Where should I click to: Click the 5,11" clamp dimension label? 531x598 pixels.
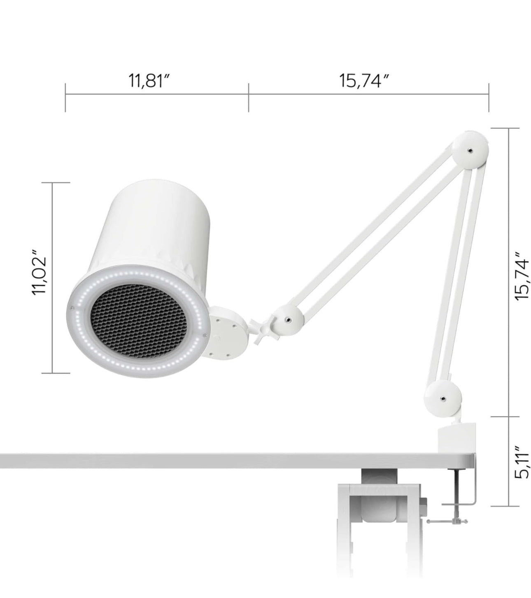pos(522,462)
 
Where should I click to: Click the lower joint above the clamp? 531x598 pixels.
pos(443,398)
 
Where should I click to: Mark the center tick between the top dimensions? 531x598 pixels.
pos(248,97)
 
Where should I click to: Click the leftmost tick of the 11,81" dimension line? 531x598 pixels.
pos(65,97)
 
